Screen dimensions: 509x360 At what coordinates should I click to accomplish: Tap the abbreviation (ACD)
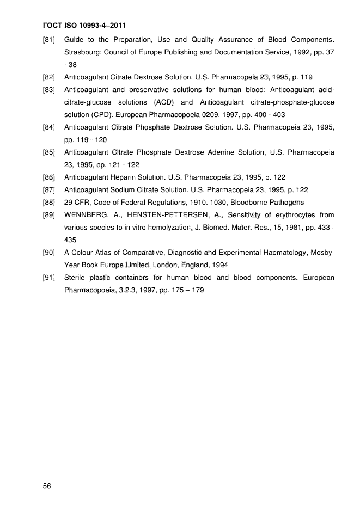(x=164, y=102)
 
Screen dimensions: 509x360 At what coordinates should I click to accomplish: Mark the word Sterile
(x=76, y=277)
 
